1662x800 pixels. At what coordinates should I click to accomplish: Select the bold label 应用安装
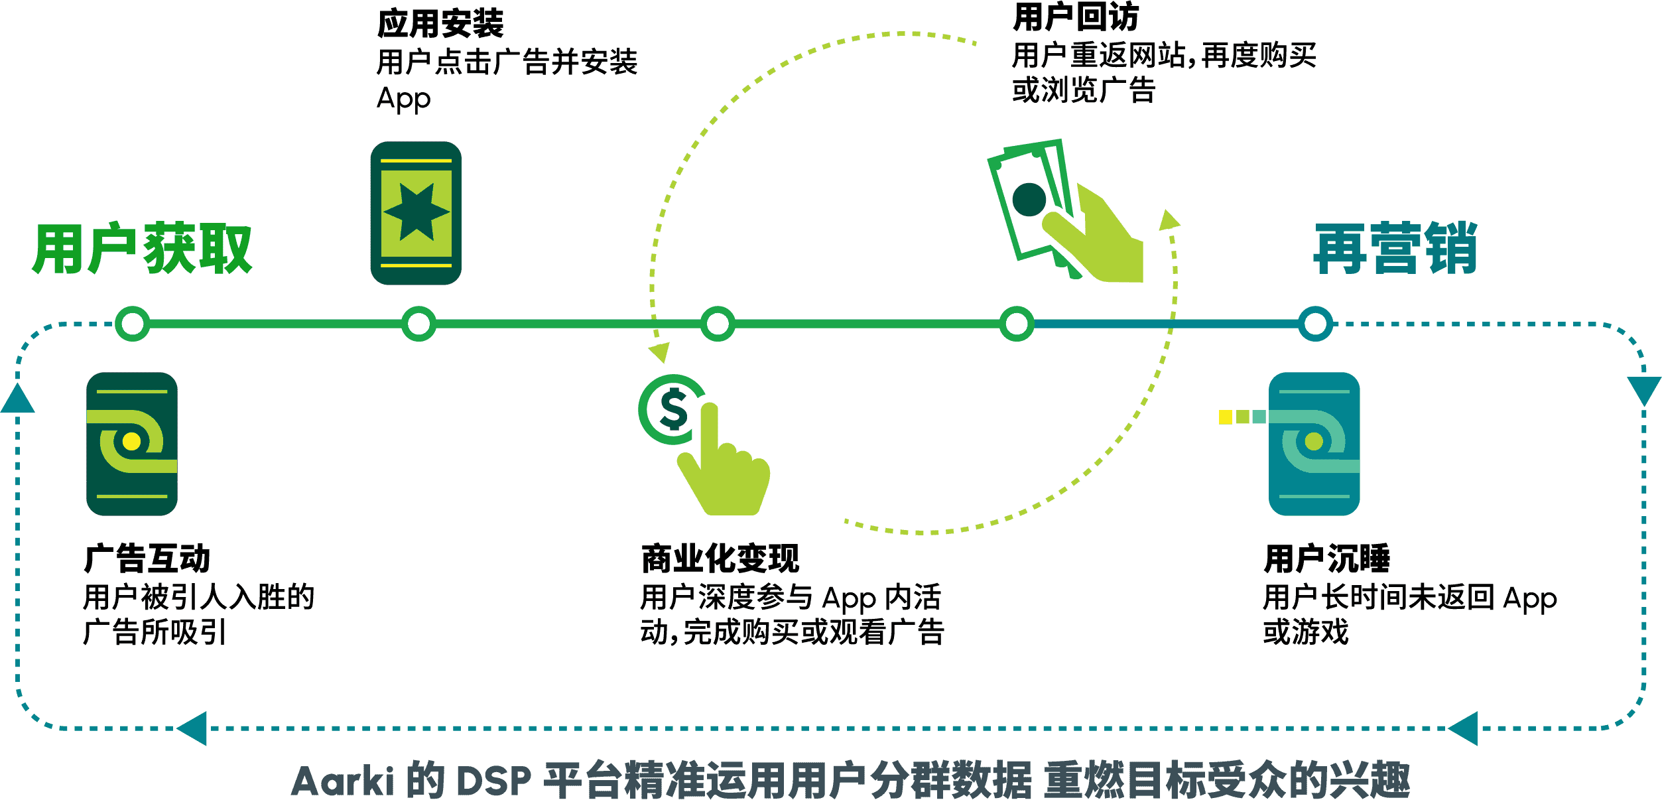[440, 25]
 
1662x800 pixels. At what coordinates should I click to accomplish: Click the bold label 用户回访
[1075, 17]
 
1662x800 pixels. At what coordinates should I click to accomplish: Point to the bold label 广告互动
[147, 559]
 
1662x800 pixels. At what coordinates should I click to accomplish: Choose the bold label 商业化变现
[720, 559]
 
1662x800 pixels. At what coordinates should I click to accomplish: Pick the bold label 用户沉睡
[1326, 559]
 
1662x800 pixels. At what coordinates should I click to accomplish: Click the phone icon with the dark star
[416, 213]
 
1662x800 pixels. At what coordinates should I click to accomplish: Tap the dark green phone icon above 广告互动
[132, 443]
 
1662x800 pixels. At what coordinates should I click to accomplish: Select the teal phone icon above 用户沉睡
[1314, 443]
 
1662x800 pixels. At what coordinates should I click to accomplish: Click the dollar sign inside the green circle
[674, 409]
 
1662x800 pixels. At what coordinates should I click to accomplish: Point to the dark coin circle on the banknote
[1029, 199]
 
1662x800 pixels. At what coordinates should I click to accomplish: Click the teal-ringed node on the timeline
[1315, 324]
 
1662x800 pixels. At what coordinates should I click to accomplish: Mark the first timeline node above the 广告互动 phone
[133, 324]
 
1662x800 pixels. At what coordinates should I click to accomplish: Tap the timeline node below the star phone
[418, 324]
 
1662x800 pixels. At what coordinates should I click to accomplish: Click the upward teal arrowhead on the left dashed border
[18, 398]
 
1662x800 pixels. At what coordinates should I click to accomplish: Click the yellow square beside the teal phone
[1226, 417]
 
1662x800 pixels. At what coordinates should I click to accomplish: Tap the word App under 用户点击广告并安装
[404, 100]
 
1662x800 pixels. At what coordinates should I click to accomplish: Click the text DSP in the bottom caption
[494, 781]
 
